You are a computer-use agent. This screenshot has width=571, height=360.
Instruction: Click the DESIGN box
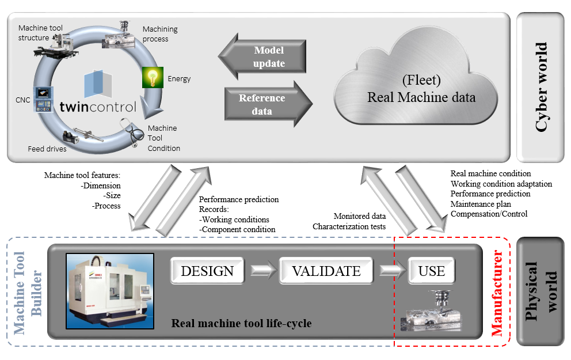click(207, 271)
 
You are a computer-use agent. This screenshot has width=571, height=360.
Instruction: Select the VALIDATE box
click(326, 271)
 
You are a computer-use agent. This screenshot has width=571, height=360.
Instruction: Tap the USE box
click(431, 271)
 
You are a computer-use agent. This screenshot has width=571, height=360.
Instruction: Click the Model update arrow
click(262, 56)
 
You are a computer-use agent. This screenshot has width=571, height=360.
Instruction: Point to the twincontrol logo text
click(98, 107)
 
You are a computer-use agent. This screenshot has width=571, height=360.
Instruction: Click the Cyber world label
click(541, 87)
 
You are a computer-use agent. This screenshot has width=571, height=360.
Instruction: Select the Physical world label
click(541, 291)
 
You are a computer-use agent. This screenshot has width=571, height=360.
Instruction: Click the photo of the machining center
click(110, 291)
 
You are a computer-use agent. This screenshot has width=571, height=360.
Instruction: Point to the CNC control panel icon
click(42, 99)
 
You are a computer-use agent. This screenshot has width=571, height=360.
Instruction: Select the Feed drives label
click(47, 149)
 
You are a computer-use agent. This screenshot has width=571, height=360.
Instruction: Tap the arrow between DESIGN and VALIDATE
click(262, 271)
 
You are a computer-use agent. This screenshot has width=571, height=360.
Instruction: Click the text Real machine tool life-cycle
click(241, 323)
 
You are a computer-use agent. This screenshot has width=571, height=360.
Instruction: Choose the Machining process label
click(160, 34)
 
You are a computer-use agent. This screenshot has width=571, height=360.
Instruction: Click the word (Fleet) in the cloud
click(421, 80)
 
